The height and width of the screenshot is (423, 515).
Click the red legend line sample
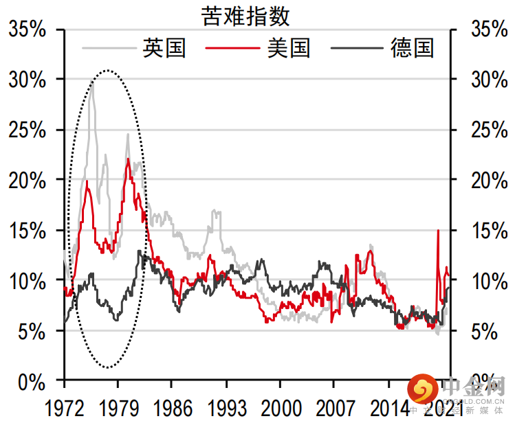[232, 48]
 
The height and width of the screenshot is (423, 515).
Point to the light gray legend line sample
[108, 48]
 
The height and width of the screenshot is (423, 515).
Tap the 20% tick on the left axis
[27, 180]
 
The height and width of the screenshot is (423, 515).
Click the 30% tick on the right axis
[489, 80]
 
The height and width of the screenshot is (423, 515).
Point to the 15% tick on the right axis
[489, 231]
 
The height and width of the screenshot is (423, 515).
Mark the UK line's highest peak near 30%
[92, 83]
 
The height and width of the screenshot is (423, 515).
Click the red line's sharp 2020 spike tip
[438, 230]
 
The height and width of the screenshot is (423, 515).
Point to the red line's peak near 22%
[129, 159]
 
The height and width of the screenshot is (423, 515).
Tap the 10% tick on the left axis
[27, 281]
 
